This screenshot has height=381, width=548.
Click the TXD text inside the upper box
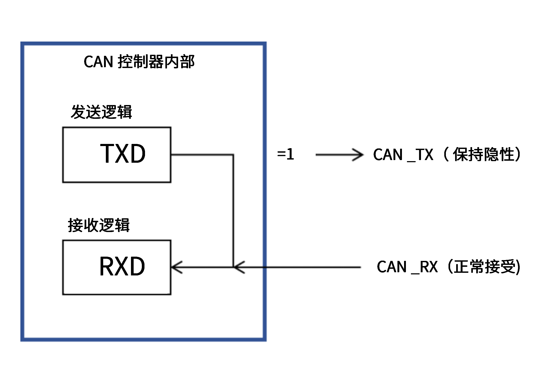123,154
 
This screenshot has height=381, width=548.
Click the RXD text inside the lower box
122,267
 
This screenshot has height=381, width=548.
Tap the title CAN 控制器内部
139,62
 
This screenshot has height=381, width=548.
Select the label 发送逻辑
101,112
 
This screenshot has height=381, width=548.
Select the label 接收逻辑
99,225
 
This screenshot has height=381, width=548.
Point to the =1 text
286,154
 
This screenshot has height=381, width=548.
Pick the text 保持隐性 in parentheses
483,155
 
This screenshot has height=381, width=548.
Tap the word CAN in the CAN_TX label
388,155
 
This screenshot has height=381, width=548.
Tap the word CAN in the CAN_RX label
392,267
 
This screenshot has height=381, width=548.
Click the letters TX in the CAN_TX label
424,155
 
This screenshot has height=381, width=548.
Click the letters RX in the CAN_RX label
429,267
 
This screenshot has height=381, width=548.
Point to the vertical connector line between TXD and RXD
233,212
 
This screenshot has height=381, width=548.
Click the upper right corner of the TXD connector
233,155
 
